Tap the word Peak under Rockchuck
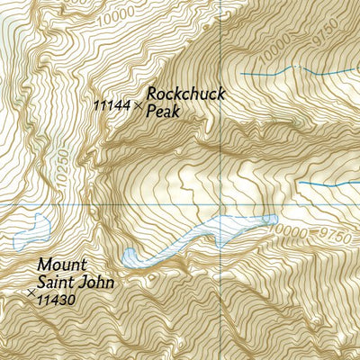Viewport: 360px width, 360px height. coord(164,112)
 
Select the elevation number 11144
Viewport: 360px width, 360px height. coord(112,105)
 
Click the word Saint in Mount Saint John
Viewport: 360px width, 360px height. coord(55,282)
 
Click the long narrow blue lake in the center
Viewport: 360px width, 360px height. coord(207,233)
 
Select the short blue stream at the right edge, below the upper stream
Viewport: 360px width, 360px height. coord(328,184)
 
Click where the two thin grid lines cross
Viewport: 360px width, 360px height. coord(220,205)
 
